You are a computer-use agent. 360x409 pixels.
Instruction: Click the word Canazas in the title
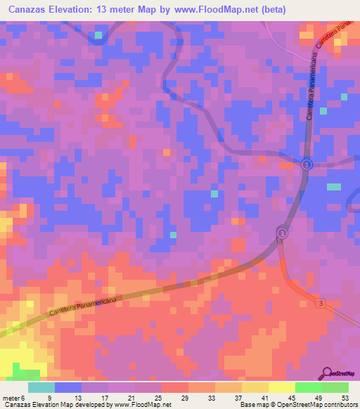(31, 10)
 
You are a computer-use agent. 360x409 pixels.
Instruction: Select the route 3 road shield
(321, 303)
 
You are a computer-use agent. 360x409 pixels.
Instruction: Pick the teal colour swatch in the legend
(41, 387)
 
